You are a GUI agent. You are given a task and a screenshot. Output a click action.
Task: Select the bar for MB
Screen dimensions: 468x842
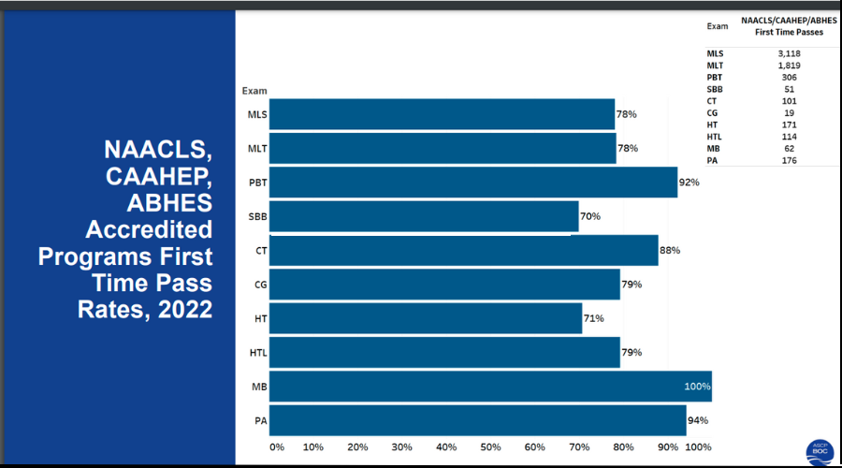point(491,387)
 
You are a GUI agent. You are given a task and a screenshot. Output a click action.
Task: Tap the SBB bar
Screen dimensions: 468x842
point(425,216)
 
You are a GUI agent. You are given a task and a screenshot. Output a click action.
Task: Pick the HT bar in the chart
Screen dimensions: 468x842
point(427,318)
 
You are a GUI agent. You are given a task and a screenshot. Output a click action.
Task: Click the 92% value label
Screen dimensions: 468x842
point(690,182)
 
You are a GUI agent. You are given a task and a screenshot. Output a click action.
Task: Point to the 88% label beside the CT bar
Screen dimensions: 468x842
point(670,250)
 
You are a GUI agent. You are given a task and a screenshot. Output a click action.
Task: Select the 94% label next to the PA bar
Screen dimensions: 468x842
point(698,420)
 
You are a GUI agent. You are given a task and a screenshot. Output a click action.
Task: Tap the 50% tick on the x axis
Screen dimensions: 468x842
point(490,447)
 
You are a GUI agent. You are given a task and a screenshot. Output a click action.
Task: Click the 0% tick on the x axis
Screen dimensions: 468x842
point(277,447)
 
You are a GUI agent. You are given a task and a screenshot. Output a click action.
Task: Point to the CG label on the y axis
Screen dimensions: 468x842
point(261,285)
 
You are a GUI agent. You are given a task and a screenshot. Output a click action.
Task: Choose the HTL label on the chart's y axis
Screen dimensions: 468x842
point(259,353)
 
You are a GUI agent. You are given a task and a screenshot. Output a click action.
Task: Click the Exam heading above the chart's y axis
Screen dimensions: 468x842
point(254,91)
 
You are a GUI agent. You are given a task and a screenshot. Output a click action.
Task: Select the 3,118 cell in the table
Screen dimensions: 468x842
point(789,53)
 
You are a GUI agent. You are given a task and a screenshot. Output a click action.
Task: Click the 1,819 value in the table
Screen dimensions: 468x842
point(789,66)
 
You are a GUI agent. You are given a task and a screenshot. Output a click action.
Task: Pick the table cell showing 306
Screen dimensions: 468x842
point(789,77)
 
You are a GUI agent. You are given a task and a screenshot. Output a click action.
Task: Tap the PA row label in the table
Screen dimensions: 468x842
point(713,159)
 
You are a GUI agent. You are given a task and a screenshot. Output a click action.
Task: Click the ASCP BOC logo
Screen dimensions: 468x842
point(820,449)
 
